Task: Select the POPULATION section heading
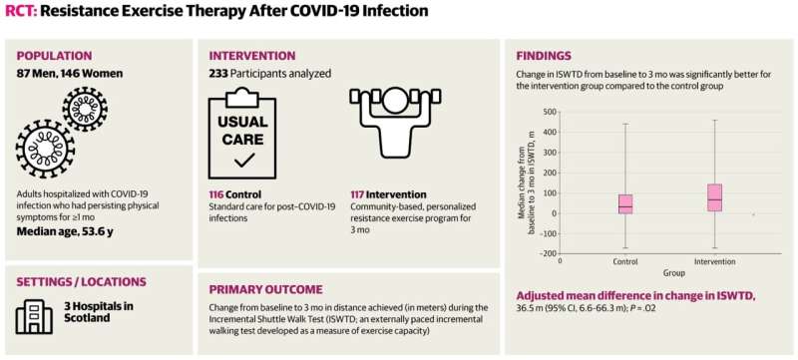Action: coord(54,56)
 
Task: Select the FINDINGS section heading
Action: coord(544,56)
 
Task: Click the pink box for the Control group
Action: coord(625,203)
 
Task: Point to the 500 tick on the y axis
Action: coord(551,113)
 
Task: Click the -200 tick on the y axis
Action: coord(549,253)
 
